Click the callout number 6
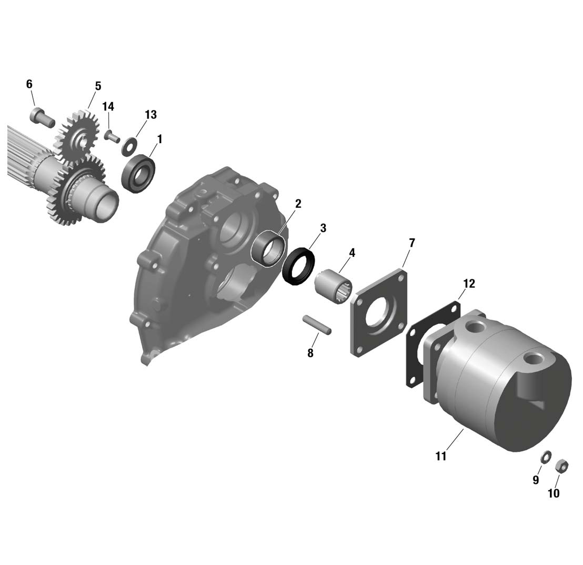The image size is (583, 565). [29, 84]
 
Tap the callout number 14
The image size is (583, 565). [108, 107]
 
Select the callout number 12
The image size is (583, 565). [469, 284]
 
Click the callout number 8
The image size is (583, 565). [310, 353]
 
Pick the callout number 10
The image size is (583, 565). [554, 493]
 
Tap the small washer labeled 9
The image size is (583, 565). [546, 457]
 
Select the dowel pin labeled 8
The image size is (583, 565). [317, 324]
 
